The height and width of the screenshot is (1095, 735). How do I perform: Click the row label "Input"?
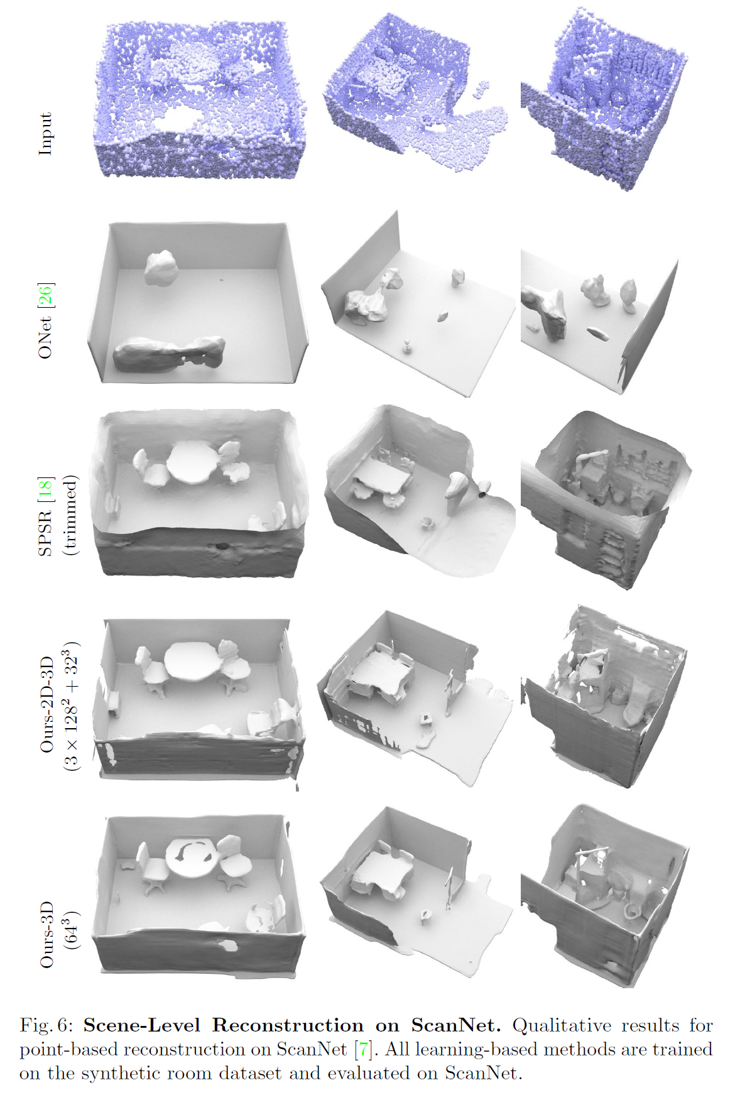click(x=45, y=134)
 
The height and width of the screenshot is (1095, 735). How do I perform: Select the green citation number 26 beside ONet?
click(x=45, y=295)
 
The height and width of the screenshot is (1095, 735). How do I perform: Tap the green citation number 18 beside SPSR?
click(x=45, y=489)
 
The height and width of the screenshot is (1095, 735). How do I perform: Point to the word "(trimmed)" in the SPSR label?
click(x=70, y=515)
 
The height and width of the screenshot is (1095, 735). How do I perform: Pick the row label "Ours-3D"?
click(x=47, y=935)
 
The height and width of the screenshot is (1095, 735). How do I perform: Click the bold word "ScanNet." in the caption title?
click(x=456, y=1025)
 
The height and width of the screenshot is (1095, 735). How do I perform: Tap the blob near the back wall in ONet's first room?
click(x=161, y=267)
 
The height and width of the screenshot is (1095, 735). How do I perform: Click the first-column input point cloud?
click(x=200, y=101)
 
